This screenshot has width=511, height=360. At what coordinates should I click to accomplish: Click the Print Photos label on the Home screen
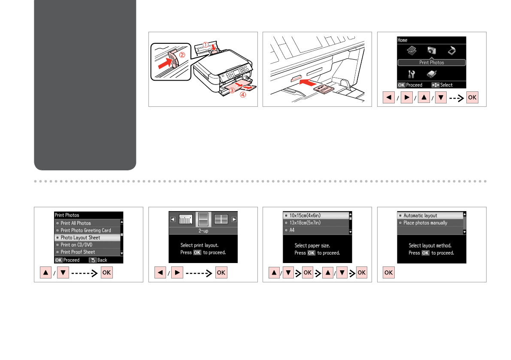point(432,63)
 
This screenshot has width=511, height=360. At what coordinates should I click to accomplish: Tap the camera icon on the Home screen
point(432,51)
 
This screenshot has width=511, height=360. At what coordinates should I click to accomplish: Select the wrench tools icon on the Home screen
point(411,74)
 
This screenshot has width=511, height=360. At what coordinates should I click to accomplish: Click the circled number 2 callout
point(182,55)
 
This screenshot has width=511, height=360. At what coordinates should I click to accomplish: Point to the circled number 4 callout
point(243,95)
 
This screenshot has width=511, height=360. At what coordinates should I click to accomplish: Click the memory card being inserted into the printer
point(322,89)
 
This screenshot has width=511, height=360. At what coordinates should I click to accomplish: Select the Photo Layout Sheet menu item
point(80,238)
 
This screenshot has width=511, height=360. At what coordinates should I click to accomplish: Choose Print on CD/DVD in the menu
point(76,245)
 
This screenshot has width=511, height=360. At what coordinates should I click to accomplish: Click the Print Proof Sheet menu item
point(78,252)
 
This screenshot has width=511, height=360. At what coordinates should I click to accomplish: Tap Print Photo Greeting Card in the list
point(86,230)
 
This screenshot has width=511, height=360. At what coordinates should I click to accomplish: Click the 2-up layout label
point(203,231)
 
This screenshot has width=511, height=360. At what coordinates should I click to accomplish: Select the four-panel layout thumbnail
point(221,219)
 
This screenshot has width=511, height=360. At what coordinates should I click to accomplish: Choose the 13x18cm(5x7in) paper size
point(305,223)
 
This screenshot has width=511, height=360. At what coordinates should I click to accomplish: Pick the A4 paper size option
point(292,230)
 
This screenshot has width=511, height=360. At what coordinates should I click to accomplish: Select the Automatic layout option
point(420,215)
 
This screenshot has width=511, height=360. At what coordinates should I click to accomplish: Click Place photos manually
point(425,223)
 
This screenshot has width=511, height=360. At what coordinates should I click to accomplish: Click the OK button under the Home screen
point(472,97)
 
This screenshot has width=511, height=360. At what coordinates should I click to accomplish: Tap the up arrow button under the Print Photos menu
point(46,273)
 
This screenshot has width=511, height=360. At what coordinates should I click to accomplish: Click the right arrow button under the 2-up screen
point(177,273)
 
